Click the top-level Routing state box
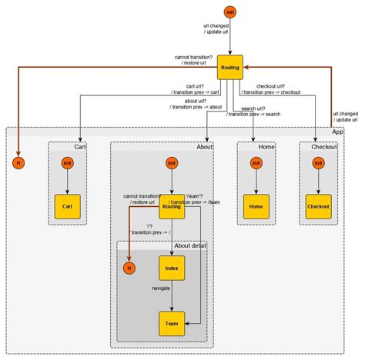click(229, 68)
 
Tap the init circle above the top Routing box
click(229, 11)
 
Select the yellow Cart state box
click(68, 206)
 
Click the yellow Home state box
click(256, 206)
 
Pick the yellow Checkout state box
click(318, 206)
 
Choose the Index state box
click(172, 268)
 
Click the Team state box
click(172, 324)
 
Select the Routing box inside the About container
click(172, 206)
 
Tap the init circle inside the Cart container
click(68, 163)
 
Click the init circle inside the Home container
click(256, 163)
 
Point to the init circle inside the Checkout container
click(318, 163)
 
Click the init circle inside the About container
click(172, 163)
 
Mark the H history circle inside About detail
click(129, 268)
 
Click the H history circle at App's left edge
click(18, 163)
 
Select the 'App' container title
click(338, 132)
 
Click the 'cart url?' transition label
click(179, 87)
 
